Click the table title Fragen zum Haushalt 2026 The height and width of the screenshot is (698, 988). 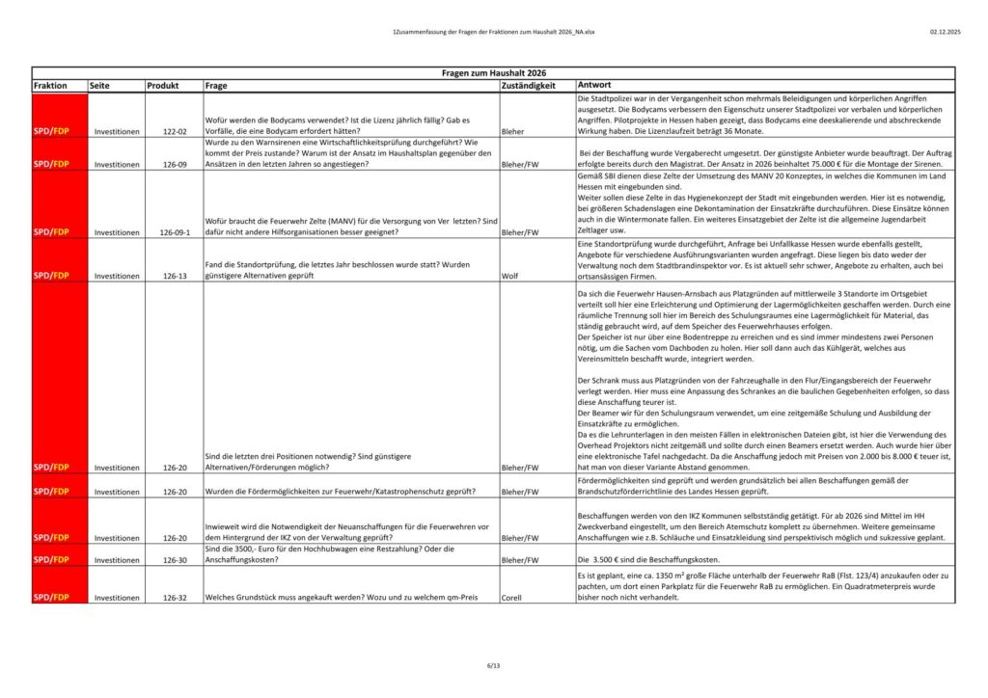point(493,73)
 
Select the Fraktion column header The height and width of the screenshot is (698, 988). point(50,86)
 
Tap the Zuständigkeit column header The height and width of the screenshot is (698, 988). point(529,86)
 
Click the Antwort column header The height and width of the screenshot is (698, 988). point(594,86)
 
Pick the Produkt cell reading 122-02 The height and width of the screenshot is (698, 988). point(175,130)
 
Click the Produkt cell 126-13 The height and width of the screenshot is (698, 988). point(175,276)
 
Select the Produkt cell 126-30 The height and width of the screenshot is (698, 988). point(175,559)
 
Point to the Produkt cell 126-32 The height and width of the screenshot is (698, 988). point(175,598)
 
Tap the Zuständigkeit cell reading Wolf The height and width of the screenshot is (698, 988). point(510,276)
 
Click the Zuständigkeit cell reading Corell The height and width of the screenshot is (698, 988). point(513,598)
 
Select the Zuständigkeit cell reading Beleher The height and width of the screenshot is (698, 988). point(516,130)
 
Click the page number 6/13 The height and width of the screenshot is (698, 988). point(493,665)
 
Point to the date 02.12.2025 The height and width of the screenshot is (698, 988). point(946,32)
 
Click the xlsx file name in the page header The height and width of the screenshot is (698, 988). point(493,32)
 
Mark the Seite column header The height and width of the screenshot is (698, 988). point(99,86)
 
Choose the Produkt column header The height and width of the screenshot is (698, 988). point(163,86)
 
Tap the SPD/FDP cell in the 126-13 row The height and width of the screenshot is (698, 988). point(50,276)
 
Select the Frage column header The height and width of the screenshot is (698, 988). point(216,86)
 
